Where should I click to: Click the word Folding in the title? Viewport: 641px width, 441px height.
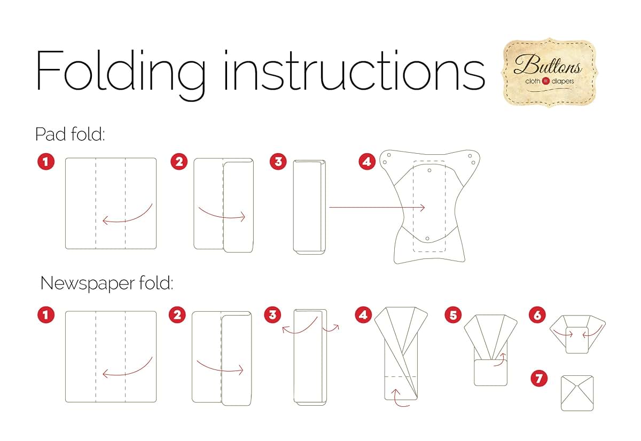coord(121,75)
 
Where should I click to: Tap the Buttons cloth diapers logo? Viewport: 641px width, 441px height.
coord(549,73)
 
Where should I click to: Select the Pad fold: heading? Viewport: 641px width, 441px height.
coord(70,134)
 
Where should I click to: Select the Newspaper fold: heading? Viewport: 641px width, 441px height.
coord(107,283)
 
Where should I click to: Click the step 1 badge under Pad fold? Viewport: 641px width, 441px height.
coord(46,162)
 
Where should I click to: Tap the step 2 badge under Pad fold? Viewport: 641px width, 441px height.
coord(179,162)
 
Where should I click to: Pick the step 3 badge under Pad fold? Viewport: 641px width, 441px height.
coord(278,162)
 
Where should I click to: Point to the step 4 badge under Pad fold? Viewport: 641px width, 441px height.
coord(367,162)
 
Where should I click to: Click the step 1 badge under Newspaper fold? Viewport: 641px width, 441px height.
coord(46,315)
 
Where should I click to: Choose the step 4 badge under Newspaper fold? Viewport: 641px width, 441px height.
coord(363,315)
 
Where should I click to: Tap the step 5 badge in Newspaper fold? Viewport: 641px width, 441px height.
coord(453,315)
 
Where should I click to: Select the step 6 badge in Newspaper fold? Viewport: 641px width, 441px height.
coord(537,315)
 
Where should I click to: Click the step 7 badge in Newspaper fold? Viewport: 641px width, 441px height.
coord(539,379)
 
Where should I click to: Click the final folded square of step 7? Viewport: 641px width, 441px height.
coord(577,393)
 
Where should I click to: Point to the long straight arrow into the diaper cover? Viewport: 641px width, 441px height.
coord(377,207)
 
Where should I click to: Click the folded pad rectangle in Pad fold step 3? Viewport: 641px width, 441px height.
coord(309,207)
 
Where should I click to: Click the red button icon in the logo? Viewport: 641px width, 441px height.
coord(546,81)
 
